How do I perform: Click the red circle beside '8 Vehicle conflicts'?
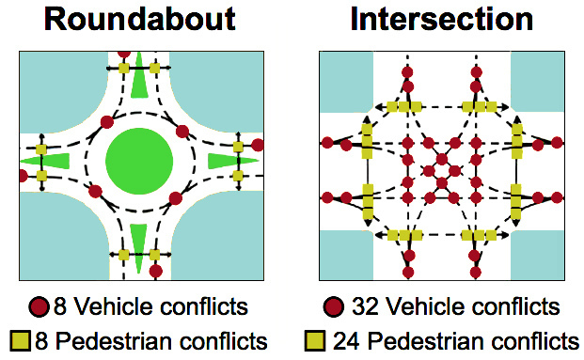(38, 306)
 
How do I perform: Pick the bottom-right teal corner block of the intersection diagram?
(537, 255)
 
